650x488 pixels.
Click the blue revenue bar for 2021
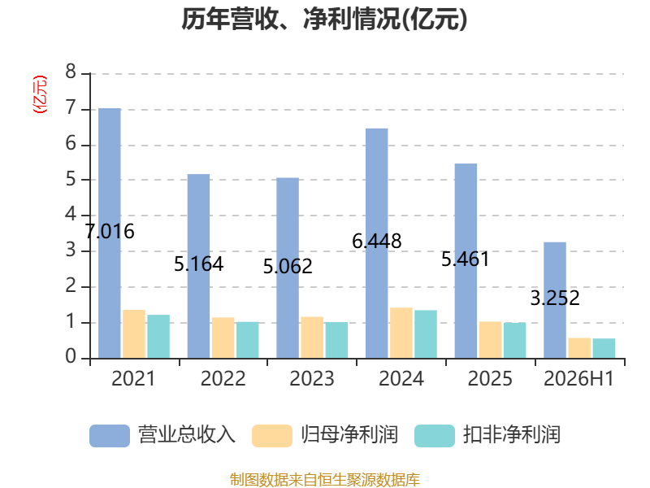(110, 233)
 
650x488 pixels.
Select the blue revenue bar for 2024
(376, 243)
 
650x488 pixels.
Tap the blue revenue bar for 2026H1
(555, 300)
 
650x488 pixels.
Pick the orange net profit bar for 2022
(223, 338)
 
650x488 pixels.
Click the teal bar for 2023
(336, 340)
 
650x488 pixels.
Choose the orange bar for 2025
(491, 340)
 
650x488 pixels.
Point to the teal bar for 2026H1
(604, 349)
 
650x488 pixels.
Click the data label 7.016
(110, 232)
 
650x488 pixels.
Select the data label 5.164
(198, 264)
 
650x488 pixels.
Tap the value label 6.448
(377, 241)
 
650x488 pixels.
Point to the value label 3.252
(555, 298)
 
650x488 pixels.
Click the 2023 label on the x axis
(312, 379)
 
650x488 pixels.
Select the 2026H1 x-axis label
(578, 379)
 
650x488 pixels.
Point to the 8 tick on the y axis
(71, 72)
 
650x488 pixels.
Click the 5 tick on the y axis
(71, 179)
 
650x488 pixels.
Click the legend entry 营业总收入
(162, 435)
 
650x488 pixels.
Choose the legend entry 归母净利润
(325, 435)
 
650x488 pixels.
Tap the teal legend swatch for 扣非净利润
(435, 436)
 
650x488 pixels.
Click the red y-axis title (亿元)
(40, 94)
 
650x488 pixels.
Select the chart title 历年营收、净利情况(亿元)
(324, 19)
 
